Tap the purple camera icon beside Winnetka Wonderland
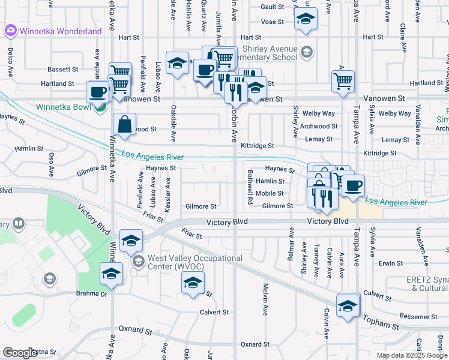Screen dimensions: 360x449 click(x=10, y=31)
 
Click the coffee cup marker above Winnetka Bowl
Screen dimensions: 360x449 click(x=98, y=92)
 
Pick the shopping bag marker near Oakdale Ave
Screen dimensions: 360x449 click(x=124, y=125)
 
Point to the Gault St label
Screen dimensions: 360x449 click(x=271, y=7)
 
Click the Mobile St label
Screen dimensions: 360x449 click(x=269, y=193)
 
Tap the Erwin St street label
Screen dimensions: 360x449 click(x=391, y=263)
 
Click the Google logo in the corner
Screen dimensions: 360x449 click(x=20, y=353)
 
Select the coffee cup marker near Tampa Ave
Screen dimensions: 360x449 click(x=353, y=185)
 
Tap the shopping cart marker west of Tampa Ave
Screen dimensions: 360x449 click(x=343, y=80)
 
